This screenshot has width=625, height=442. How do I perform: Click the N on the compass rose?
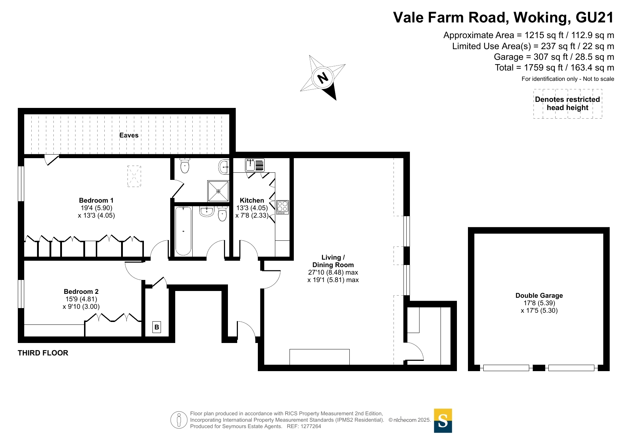coord(323,78)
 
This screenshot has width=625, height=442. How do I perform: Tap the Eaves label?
coord(129,135)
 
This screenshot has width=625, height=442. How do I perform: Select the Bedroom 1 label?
coord(96,201)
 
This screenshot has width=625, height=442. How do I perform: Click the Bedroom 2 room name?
coord(81,292)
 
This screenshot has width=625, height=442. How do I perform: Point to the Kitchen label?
coord(252,201)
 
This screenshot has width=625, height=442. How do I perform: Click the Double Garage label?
coord(539,296)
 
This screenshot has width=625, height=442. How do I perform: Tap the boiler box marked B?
coord(157,327)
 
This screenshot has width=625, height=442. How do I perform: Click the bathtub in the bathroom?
coord(183,231)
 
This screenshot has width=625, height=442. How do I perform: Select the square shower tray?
coord(218,191)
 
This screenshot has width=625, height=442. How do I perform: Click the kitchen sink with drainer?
coord(255,165)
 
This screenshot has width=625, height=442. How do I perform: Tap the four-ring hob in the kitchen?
coord(282,207)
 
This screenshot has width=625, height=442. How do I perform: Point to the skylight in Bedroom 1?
coord(134,176)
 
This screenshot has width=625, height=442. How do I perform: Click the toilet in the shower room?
coord(185,166)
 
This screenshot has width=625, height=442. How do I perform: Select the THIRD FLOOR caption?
coord(43,353)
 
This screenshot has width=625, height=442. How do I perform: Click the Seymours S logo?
coord(443,421)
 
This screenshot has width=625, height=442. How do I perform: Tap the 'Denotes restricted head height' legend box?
coord(568,104)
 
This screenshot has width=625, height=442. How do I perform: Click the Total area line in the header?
coord(554,68)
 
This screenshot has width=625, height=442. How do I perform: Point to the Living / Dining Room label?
coord(333,261)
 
